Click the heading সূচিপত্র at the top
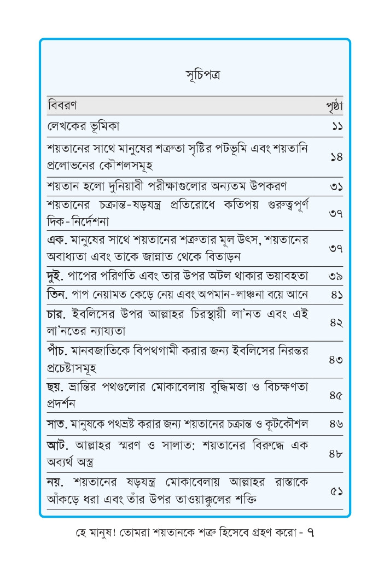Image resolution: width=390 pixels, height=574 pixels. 195,75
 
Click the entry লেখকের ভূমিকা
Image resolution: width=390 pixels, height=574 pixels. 83,126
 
